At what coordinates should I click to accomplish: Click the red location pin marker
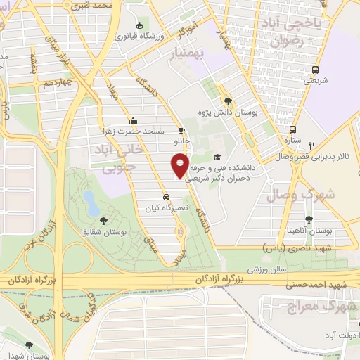[x=180, y=166]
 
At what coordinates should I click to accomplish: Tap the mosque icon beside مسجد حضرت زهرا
[x=133, y=120]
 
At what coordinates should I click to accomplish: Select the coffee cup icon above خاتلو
[x=181, y=130]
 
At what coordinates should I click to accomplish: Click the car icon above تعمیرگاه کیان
[x=166, y=177]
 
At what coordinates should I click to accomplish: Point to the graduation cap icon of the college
[x=217, y=157]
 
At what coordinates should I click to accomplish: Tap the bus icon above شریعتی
[x=315, y=70]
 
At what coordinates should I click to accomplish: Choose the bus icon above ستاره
[x=293, y=129]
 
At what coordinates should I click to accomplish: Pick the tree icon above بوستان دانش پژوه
[x=226, y=100]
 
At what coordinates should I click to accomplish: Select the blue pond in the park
[x=91, y=202]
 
